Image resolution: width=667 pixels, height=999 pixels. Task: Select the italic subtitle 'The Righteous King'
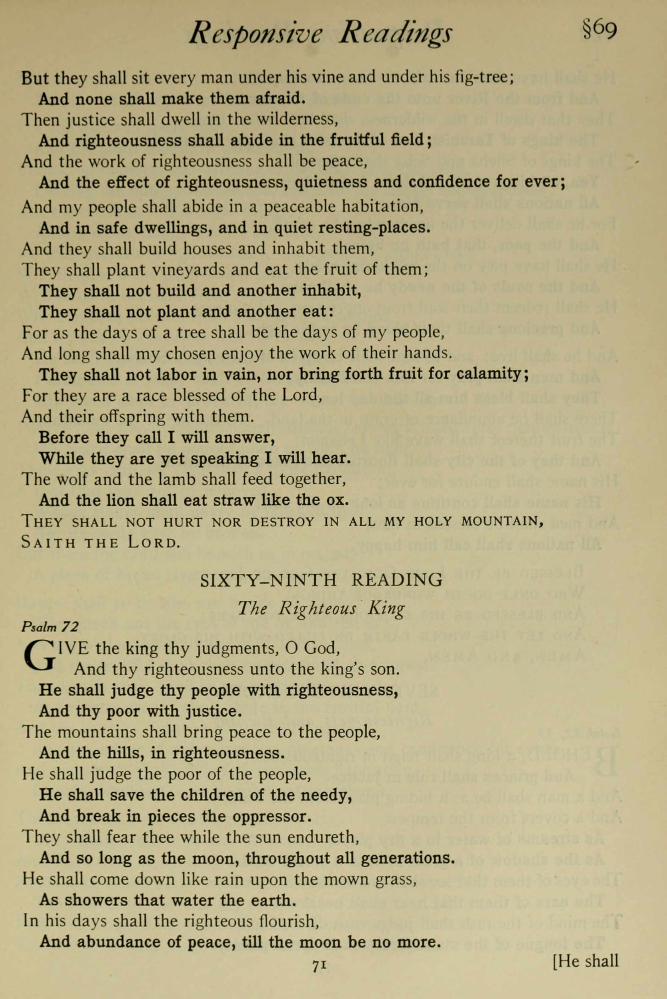click(x=321, y=608)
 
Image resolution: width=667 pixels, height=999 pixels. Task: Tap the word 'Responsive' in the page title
click(x=256, y=34)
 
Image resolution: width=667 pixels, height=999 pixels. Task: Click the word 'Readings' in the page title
click(x=395, y=34)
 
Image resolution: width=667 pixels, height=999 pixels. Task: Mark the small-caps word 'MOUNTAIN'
click(x=502, y=521)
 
